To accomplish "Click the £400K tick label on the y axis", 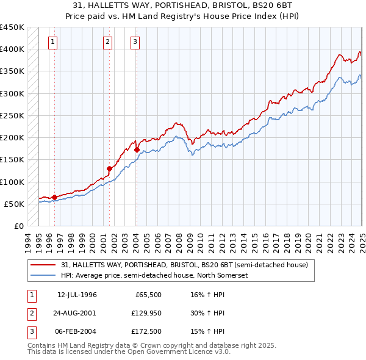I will coord(12,49).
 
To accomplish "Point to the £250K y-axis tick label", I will coord(12,115).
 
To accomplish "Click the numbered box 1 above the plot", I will coord(53,42).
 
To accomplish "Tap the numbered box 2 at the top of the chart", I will coord(107,42).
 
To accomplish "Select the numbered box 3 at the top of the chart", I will coord(134,42).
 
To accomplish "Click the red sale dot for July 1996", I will coord(54,197).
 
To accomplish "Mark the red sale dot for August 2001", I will coord(110,168).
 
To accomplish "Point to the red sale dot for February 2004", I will coord(137,149).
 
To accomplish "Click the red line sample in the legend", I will coord(43,265).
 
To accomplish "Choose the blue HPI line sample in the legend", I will coord(43,275).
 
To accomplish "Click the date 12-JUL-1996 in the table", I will coord(77,295).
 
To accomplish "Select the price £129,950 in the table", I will coord(145,312).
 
